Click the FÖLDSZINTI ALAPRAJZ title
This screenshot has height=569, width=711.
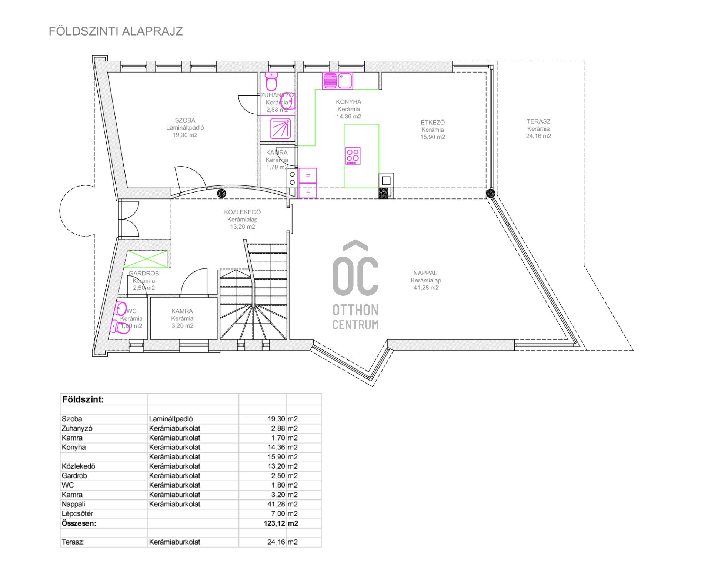116,31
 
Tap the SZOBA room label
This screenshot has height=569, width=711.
185,120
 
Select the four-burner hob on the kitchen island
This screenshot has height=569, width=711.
353,156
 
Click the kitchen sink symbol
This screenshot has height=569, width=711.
337,81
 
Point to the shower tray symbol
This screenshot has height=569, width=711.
280,128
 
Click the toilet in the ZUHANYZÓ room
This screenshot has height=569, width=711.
271,81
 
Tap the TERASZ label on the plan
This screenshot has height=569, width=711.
538,121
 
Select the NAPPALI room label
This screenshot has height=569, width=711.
426,273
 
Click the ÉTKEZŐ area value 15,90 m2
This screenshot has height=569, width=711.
433,137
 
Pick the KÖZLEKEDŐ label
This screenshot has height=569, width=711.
243,212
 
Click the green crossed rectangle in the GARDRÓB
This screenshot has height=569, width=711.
147,259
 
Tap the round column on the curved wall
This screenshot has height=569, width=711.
221,193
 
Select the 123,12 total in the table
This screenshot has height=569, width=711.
275,523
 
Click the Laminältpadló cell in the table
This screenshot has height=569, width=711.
171,419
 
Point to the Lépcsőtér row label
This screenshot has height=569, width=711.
77,514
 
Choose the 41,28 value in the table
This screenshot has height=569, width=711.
276,504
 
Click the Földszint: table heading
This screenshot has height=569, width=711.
83,400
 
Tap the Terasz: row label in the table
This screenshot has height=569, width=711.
73,542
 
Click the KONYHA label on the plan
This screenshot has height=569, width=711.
348,102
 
